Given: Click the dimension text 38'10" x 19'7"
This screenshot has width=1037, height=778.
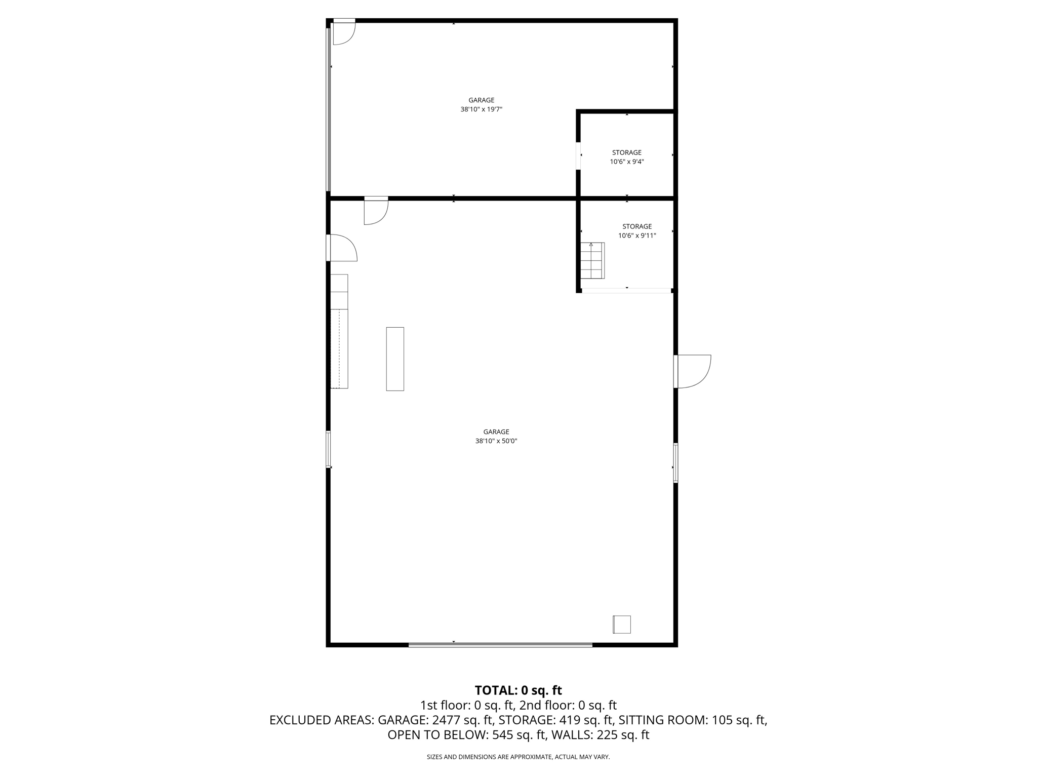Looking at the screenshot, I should (x=481, y=109).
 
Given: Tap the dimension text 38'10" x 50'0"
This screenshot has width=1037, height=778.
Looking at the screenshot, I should (x=496, y=441).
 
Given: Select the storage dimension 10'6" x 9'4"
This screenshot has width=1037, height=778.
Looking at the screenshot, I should (x=626, y=162).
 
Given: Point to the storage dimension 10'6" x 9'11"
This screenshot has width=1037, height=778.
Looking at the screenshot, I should (x=637, y=236).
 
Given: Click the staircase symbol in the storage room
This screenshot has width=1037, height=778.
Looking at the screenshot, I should (x=592, y=261).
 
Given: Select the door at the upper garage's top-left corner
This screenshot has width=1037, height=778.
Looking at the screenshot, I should (x=343, y=32).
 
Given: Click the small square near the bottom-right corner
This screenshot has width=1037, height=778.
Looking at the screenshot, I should (x=622, y=625).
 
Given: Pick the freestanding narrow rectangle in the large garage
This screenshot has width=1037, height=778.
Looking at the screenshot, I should (x=395, y=359).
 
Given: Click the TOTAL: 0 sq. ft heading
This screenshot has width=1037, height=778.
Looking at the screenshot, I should (x=518, y=690).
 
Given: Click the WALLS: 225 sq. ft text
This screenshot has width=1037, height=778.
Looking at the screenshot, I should (x=600, y=735).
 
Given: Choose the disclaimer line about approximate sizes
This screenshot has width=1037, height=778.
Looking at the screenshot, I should (x=518, y=757).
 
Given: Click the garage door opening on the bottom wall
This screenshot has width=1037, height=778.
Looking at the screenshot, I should (x=500, y=645).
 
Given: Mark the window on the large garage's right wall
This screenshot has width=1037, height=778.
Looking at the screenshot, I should (x=675, y=462).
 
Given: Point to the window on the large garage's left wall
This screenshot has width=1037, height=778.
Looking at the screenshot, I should (x=328, y=449).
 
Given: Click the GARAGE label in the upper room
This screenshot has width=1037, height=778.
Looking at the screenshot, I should (x=481, y=100).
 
